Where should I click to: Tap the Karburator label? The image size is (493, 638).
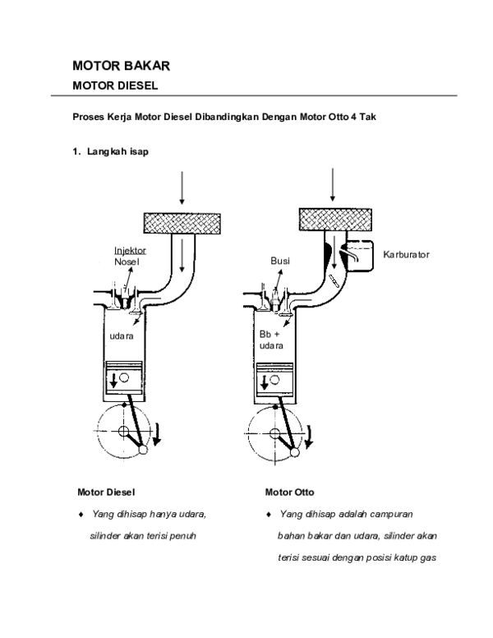pos(406,255)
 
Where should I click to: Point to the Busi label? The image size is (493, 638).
pos(281,261)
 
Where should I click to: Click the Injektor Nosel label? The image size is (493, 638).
pos(128,255)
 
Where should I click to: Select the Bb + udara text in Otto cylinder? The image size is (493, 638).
pos(270,341)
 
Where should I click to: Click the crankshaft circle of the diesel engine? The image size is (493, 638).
pos(120,432)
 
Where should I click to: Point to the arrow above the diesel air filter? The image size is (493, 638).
pos(182,188)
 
